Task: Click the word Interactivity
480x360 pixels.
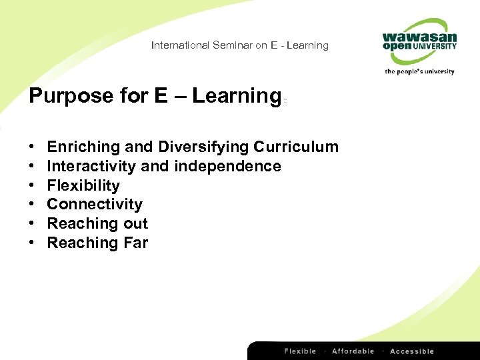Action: click(91, 166)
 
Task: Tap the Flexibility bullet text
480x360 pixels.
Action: click(83, 185)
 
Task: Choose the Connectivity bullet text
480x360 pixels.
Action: click(95, 204)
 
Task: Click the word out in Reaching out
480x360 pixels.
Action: click(136, 223)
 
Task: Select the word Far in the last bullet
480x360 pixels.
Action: click(135, 243)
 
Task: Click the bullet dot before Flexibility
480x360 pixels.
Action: click(32, 185)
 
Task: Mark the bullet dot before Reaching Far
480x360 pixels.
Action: click(32, 243)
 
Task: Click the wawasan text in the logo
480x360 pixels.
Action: click(419, 37)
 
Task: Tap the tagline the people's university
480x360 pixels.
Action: click(419, 71)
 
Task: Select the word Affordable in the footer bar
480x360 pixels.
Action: click(353, 351)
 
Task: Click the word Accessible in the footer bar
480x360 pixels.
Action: click(412, 351)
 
